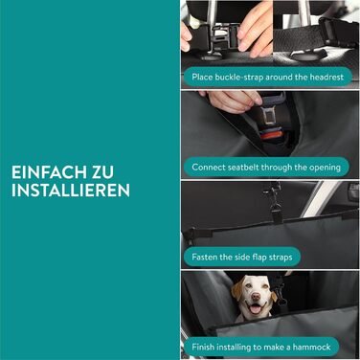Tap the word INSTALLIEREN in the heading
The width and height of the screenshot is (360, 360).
click(71, 191)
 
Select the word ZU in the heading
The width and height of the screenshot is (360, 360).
click(102, 172)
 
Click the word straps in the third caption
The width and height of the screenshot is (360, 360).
click(280, 258)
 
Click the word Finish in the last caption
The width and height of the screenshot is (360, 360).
click(202, 348)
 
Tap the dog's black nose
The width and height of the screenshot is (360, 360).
click(256, 297)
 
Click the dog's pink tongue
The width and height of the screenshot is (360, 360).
click(256, 309)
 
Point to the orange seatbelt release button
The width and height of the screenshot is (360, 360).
click(271, 134)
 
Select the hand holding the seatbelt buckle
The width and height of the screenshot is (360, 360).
click(233, 101)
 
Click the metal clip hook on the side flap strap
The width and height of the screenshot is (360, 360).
click(274, 197)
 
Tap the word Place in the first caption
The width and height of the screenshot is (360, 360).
click(202, 77)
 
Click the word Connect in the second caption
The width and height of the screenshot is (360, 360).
click(209, 168)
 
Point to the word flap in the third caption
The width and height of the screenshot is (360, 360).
click(259, 258)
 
